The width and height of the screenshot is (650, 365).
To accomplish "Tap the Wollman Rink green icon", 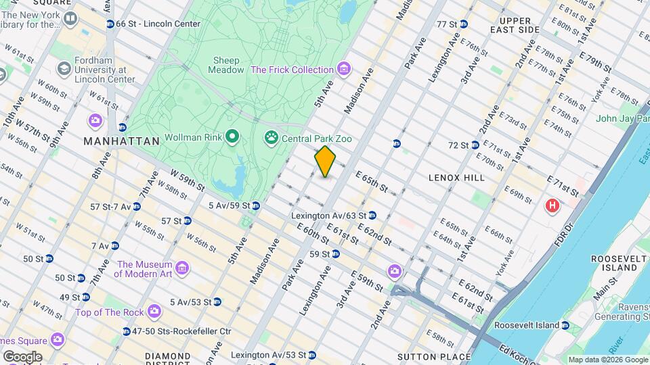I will pos(232,138).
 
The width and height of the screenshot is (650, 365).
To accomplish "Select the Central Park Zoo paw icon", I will pos(272,138).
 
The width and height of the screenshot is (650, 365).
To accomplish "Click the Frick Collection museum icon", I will pos(345,70).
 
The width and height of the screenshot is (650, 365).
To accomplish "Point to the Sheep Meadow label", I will pos(227,65).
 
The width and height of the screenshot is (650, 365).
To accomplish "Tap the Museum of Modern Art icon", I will pos(181,270).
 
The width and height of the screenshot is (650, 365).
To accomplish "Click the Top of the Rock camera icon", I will pos(154,312).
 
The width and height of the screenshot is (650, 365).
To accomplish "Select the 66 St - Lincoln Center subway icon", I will pos(110,24).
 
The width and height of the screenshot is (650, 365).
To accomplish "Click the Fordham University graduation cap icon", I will pos(64,69).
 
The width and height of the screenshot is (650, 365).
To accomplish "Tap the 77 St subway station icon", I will pos(464,24).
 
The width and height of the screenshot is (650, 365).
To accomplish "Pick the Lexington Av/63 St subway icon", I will pos(372,216).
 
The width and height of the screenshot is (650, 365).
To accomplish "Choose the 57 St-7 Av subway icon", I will pos(137,206).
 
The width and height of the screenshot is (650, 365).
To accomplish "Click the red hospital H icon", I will pos(552,205).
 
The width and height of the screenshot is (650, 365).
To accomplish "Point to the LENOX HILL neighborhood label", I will pos(456,177).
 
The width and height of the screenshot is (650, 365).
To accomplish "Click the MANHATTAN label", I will pos(121,141).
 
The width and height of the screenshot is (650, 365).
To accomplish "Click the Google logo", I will pos(22,357).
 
